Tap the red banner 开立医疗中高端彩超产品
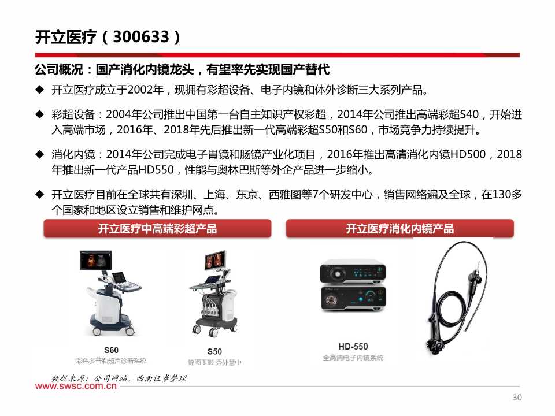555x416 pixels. point(157,229)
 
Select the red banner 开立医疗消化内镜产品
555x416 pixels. point(399,229)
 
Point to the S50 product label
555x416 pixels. point(214,351)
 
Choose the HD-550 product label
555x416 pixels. point(353,347)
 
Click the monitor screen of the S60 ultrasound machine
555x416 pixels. point(96,261)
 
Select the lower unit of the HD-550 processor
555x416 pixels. point(353,299)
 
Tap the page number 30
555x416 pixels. point(517,398)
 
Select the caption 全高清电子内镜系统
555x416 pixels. point(353,358)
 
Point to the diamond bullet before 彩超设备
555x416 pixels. point(39,114)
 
